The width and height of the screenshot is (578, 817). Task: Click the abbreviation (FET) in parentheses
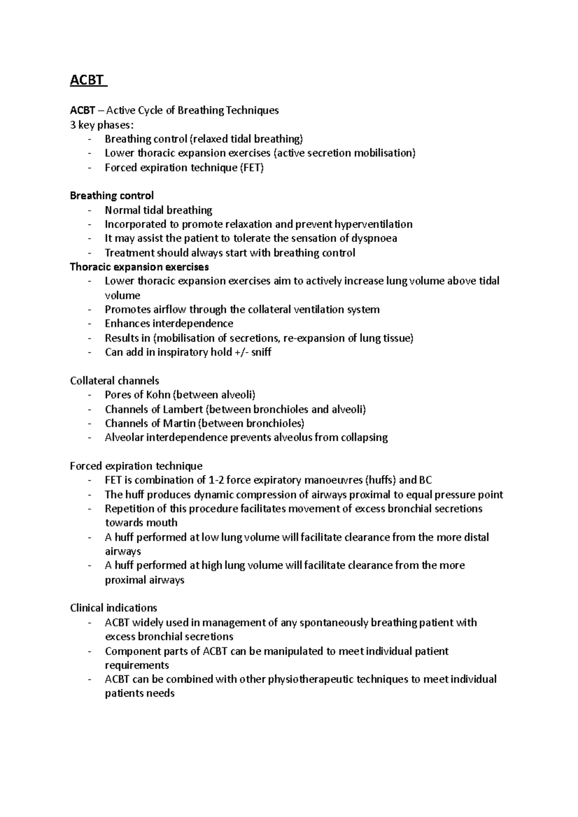[x=252, y=168]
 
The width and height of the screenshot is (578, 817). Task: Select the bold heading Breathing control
[x=112, y=196]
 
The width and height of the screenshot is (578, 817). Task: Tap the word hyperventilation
[x=373, y=224]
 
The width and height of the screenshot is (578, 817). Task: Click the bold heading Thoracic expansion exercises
[x=139, y=267]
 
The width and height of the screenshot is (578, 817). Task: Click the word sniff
[x=262, y=352]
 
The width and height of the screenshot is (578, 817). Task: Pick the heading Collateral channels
[x=115, y=381]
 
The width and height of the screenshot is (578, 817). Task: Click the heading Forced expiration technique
[x=136, y=466]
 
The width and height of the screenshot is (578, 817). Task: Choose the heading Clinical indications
[x=113, y=608]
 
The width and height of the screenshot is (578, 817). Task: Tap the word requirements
[x=137, y=665]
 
